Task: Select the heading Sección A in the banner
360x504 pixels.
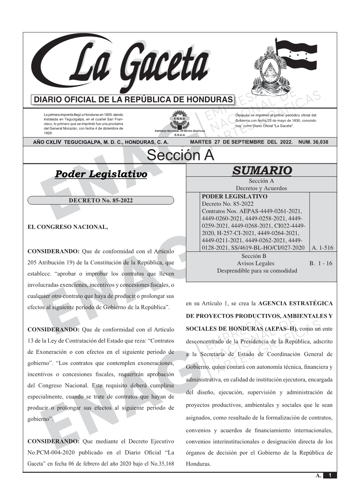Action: point(180,155)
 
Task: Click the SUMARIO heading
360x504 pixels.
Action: point(261,170)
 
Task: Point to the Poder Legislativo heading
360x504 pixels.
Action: point(101,174)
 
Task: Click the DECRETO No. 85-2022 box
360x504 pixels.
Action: point(101,200)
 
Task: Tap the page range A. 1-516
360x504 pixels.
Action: point(322,248)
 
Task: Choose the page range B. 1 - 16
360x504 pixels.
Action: point(321,263)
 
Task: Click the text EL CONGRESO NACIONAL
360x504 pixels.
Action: point(68,227)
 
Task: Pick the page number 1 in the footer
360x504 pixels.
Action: point(330,475)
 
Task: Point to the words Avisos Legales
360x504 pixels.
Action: point(255,263)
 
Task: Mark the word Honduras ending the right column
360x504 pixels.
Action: point(198,464)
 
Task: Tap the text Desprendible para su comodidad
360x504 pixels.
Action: point(257,270)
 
